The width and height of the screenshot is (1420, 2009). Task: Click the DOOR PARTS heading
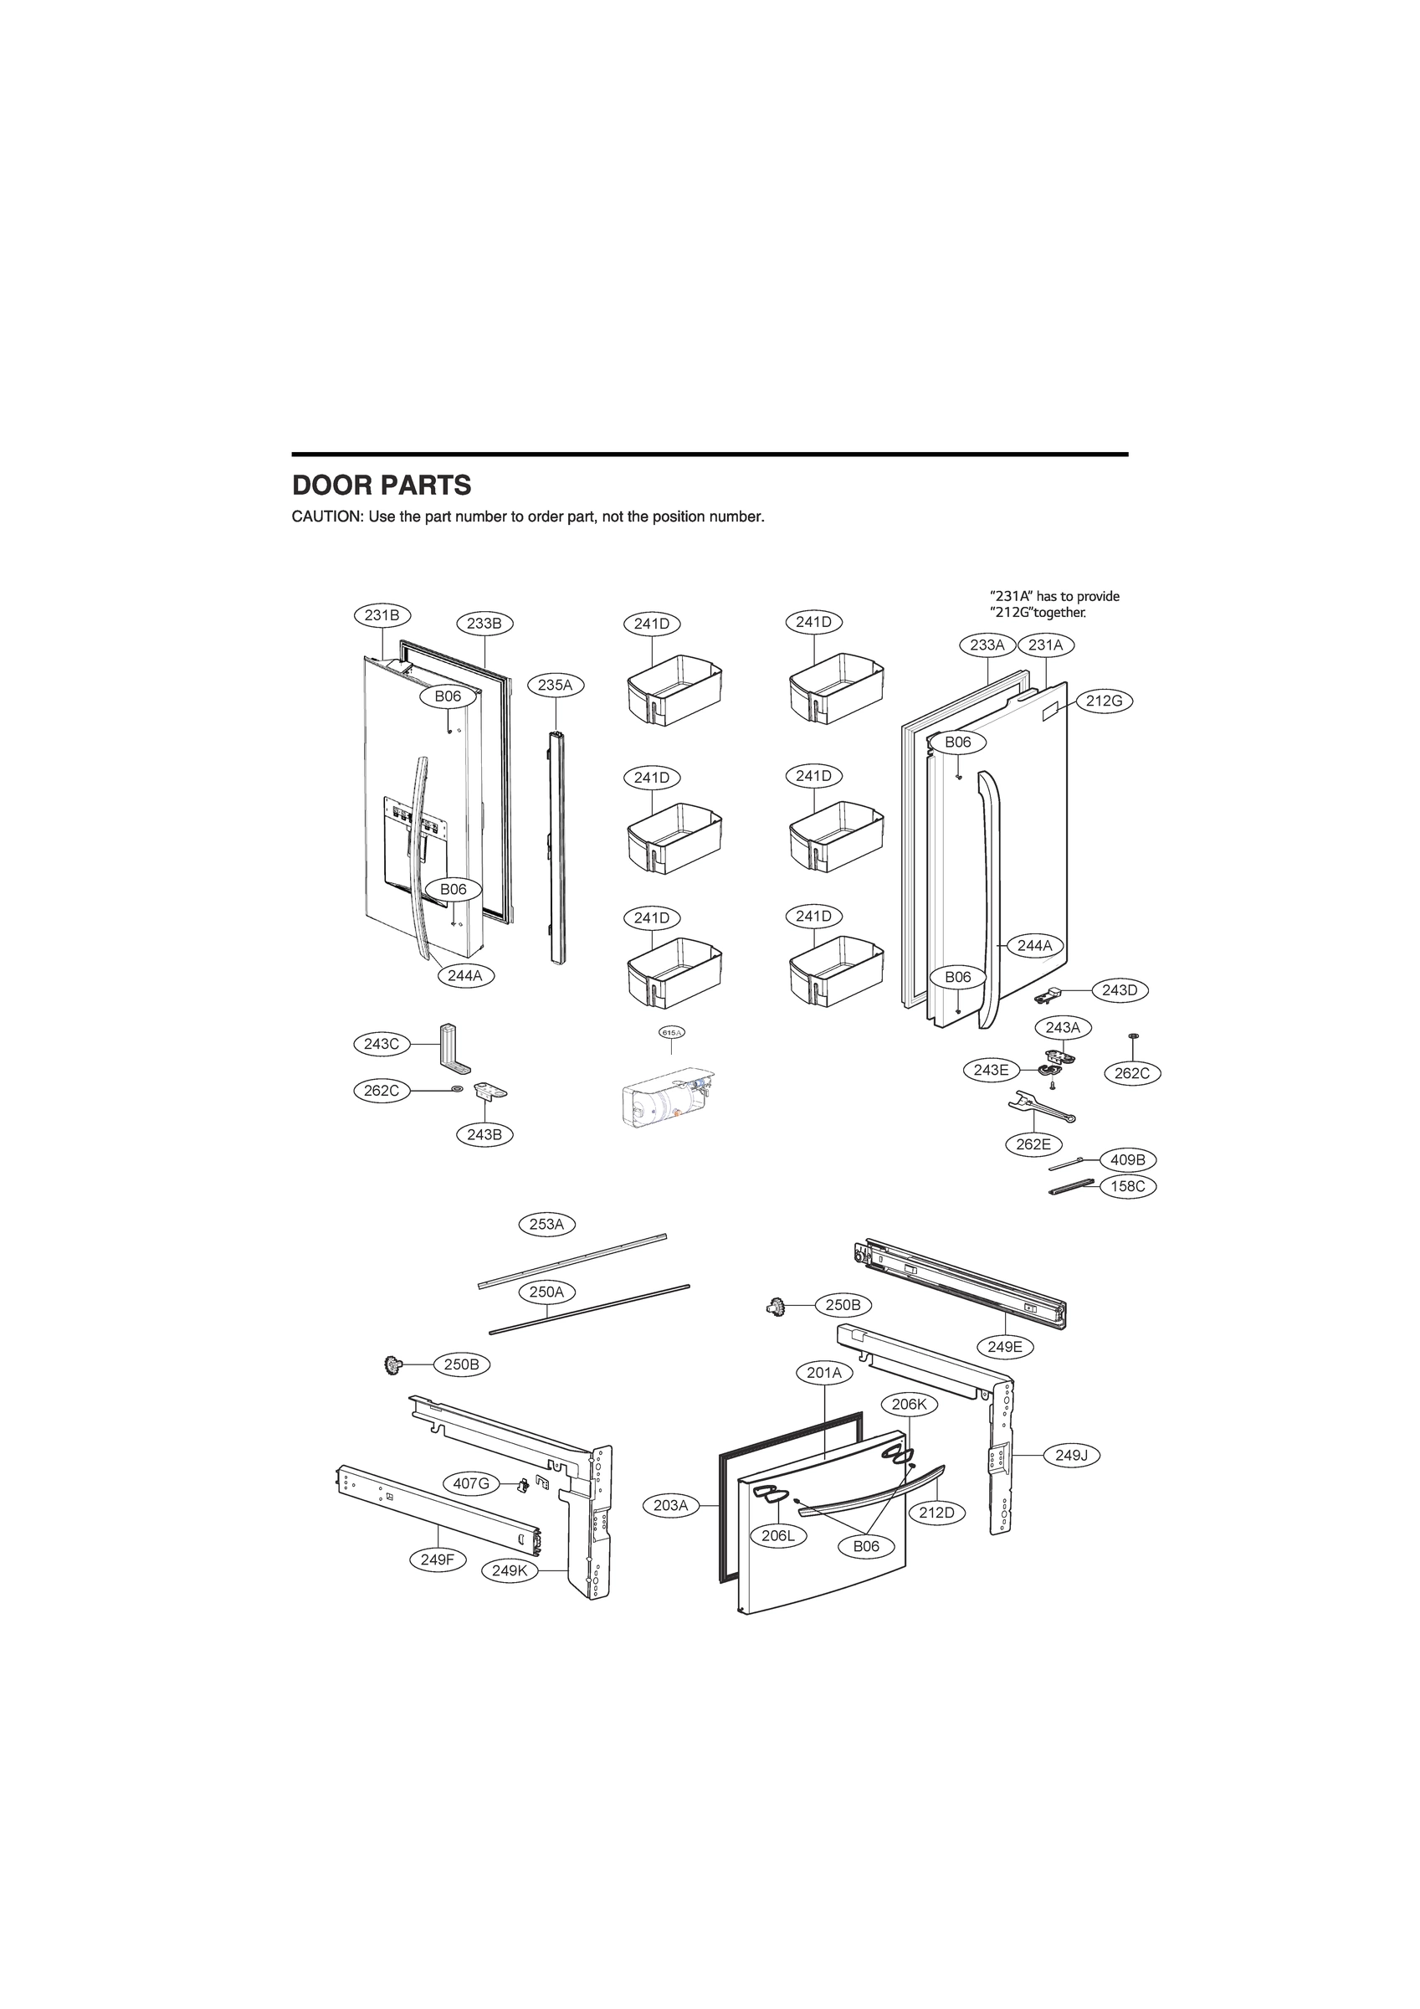[x=381, y=485]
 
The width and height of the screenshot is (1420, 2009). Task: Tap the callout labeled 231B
[x=382, y=615]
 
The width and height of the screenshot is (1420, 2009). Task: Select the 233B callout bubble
[x=484, y=623]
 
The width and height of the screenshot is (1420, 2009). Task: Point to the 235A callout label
[x=555, y=685]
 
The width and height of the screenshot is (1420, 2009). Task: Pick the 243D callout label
[x=1119, y=989]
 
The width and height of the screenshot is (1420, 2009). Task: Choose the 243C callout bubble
[x=382, y=1043]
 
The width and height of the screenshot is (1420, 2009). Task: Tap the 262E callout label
[x=1033, y=1143]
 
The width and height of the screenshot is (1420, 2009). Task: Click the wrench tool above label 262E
[x=1040, y=1107]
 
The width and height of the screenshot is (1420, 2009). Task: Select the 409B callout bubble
[x=1128, y=1160]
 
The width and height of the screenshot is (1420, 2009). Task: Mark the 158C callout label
[x=1128, y=1186]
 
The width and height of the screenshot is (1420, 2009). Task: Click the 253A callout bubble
[x=546, y=1224]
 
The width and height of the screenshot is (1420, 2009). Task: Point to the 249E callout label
[x=1004, y=1347]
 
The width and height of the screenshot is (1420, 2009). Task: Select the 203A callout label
[x=671, y=1505]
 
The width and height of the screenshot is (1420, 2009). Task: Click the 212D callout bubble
[x=936, y=1512]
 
